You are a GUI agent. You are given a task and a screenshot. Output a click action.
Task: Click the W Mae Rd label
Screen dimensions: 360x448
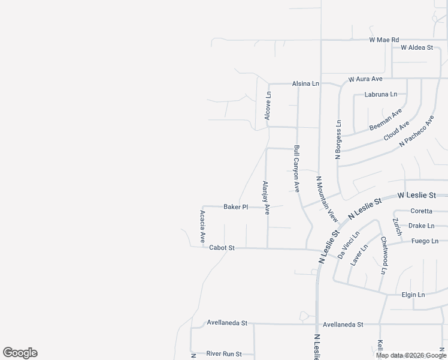(384, 40)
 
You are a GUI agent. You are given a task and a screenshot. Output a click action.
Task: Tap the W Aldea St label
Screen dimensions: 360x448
(416, 47)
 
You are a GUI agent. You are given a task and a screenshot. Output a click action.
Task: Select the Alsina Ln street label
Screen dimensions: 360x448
(305, 84)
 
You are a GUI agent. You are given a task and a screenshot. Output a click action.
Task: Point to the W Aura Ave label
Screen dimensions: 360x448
(365, 79)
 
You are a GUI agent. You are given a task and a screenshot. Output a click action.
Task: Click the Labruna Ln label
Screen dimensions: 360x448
(380, 95)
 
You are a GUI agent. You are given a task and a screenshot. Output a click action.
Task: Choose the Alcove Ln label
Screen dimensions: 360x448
(268, 105)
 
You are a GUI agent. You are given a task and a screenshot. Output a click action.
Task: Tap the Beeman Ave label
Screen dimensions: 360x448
(386, 120)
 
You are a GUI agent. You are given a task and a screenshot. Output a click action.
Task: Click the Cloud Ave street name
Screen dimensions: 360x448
(396, 131)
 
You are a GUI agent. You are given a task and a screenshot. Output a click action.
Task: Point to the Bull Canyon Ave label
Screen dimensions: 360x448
(296, 167)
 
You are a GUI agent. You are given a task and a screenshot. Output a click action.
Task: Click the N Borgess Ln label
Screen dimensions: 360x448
(338, 140)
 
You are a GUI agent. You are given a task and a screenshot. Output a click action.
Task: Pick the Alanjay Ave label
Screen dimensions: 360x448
(266, 197)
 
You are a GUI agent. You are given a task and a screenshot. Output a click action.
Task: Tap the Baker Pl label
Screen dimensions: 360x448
(235, 207)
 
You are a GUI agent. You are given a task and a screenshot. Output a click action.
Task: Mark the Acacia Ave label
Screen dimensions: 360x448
(202, 226)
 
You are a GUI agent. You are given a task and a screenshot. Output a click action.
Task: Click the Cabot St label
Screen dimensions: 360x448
(222, 248)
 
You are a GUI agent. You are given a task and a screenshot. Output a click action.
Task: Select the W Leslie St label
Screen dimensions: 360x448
(421, 196)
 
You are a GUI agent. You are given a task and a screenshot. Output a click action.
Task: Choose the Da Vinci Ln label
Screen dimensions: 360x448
(348, 245)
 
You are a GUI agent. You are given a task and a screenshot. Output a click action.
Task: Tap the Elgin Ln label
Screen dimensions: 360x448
(413, 295)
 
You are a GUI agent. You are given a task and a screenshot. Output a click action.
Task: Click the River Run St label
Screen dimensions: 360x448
(224, 354)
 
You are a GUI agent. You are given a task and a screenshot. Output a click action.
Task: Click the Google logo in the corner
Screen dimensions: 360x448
(20, 353)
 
